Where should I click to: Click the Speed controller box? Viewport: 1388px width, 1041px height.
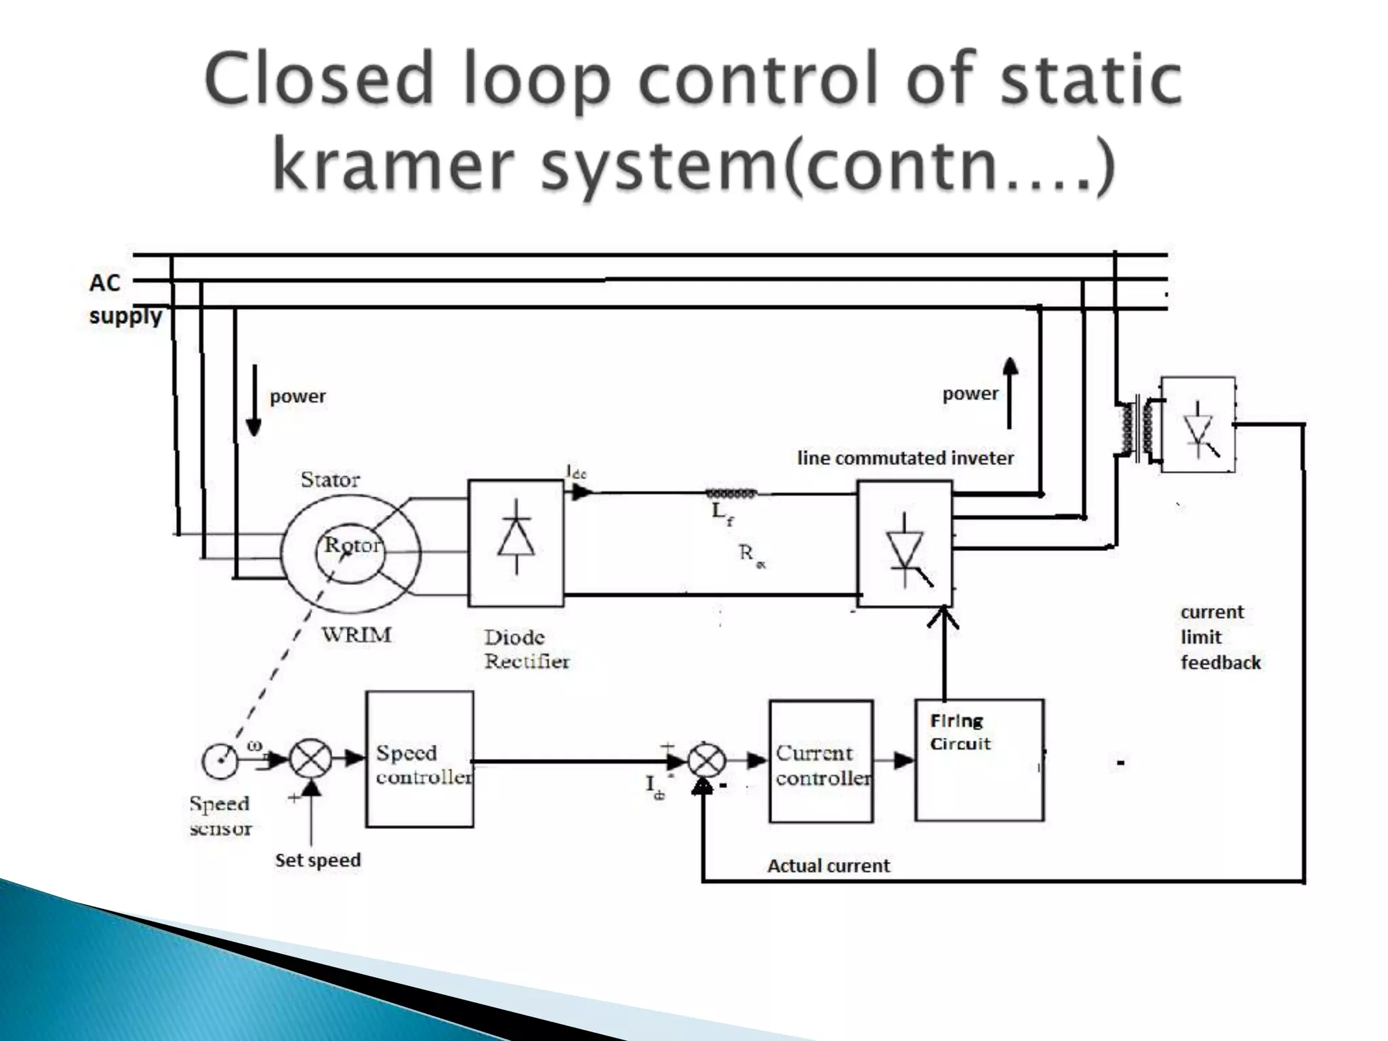pos(420,759)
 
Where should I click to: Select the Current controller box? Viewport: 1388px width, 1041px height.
pos(821,761)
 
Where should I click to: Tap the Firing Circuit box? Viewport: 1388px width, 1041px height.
pos(979,760)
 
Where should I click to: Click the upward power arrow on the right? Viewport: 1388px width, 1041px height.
pos(1010,393)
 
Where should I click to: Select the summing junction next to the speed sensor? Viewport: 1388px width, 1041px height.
pos(310,760)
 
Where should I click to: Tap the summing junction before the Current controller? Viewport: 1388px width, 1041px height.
pos(706,761)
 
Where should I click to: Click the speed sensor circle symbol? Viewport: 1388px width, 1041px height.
pos(220,761)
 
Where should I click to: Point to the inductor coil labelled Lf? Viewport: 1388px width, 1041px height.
pos(731,493)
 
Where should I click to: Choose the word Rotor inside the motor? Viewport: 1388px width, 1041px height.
pos(352,545)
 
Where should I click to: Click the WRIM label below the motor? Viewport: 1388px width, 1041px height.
pos(356,635)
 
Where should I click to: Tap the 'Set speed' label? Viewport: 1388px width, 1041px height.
pos(318,860)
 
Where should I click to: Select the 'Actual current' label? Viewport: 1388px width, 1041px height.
pos(828,865)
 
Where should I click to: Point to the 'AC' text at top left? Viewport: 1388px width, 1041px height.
pos(105,283)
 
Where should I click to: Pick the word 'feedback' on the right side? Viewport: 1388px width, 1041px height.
pos(1221,662)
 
